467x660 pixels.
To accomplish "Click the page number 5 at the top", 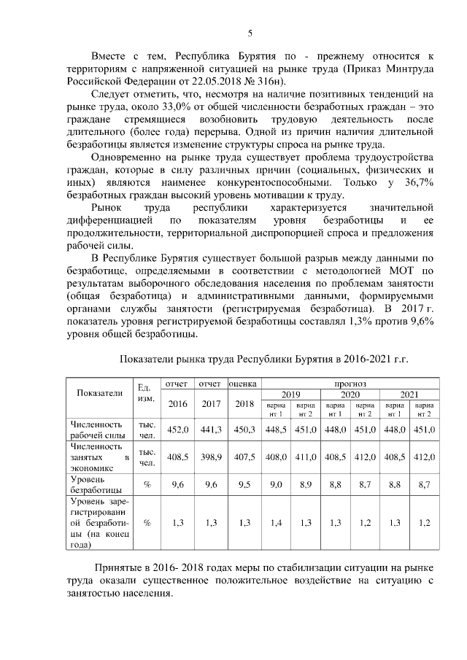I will coord(250,33).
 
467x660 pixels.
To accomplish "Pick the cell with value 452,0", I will coord(178,430).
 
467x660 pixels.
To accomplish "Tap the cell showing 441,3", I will coord(211,430).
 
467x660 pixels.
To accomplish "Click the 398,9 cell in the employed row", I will coord(211,457).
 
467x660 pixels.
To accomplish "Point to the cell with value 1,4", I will coord(276,522).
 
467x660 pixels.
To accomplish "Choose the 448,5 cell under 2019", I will coord(276,430).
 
